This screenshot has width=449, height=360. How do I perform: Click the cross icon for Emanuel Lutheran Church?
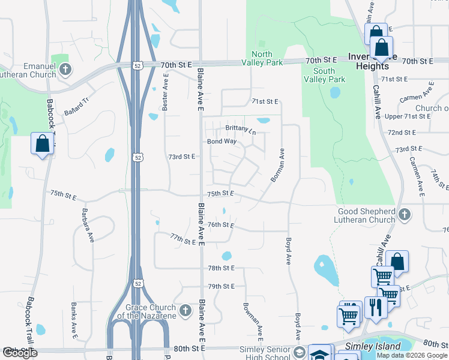click(x=65, y=70)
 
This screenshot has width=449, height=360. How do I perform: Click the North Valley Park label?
click(x=262, y=57)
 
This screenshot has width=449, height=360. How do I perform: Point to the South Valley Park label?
click(x=324, y=75)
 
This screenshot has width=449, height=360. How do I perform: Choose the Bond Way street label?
click(x=221, y=142)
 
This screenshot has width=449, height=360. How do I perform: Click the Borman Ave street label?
click(x=277, y=166)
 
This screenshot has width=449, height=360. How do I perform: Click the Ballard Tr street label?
click(x=76, y=106)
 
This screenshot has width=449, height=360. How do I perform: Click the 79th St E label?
click(x=221, y=286)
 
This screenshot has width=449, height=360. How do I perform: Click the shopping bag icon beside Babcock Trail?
click(x=42, y=143)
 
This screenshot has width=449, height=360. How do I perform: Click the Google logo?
click(x=20, y=353)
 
